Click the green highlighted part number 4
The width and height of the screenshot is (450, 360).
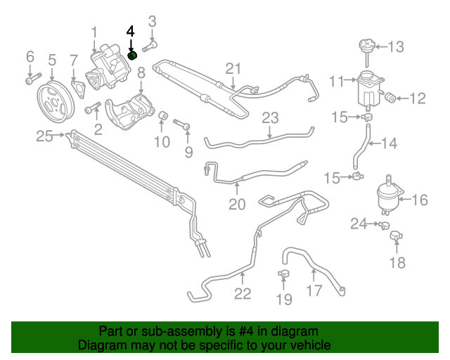[x=131, y=56]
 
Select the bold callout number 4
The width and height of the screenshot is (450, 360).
[x=129, y=32]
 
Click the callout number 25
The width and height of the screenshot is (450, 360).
[x=45, y=136]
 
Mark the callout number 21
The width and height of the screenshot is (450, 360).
[x=233, y=68]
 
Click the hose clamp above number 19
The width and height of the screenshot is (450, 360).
[x=284, y=273]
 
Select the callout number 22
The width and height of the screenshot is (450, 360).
[x=242, y=293]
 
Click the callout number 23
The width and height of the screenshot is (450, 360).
[x=271, y=117]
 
